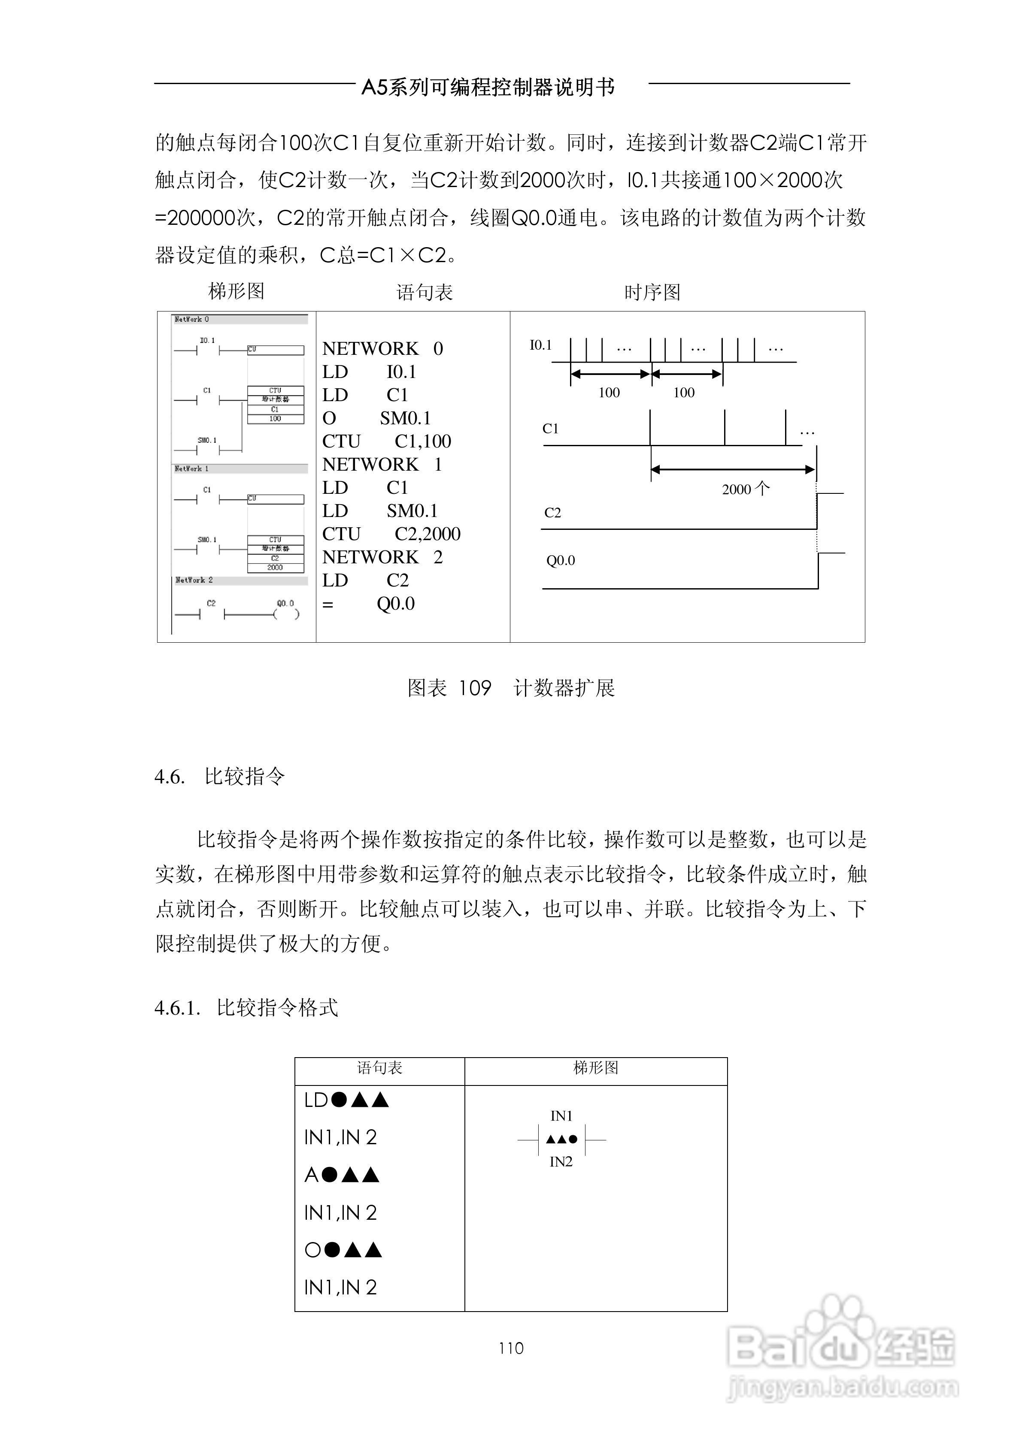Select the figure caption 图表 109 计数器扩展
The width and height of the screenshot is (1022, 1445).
(x=511, y=688)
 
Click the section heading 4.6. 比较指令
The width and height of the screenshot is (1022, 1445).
(x=220, y=777)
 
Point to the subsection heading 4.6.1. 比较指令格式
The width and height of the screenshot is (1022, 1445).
(x=246, y=1008)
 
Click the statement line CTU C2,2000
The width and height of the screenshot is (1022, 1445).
(x=391, y=534)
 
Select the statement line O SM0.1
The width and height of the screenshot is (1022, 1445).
(x=376, y=418)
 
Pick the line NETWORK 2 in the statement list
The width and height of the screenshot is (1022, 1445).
(x=382, y=557)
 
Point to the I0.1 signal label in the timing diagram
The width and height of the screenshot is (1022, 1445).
(x=540, y=345)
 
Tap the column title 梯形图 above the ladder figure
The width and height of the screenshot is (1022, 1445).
(x=236, y=291)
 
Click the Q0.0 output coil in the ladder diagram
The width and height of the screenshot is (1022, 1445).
(x=287, y=614)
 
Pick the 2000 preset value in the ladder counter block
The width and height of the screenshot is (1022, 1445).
(x=275, y=568)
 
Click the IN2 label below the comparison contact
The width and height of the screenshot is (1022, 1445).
(x=561, y=1162)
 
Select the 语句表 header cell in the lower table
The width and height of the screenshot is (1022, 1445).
(x=380, y=1067)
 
